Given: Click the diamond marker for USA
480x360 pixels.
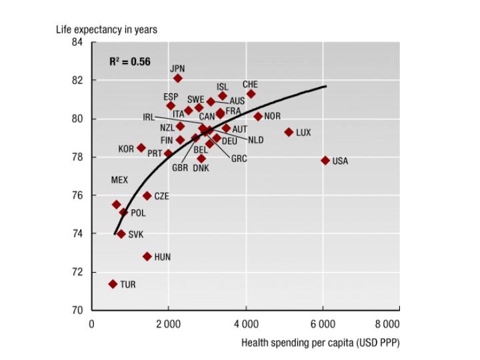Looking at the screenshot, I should pos(325,161).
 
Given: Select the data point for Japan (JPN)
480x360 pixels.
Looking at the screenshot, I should pos(178,79).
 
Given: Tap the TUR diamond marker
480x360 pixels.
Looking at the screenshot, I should pos(113,284).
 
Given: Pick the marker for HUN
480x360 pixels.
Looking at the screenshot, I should pos(147,256).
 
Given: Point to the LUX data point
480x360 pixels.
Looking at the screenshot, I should pos(289,132).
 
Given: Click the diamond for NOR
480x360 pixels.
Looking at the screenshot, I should pos(258,117).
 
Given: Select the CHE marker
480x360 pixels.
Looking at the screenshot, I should pos(251,94).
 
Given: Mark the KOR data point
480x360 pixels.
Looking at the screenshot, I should pos(141,148).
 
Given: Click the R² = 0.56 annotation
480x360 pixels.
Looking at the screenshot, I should pos(130,61).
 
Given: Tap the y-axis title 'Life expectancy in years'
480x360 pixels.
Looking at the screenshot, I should pos(106,29).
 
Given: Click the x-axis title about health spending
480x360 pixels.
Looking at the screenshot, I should pos(321,343).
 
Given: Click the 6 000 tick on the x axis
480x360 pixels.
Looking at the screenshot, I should pos(322,324).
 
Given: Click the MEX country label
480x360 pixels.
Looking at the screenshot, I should pos(119,181).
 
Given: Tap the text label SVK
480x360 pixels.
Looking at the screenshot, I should pos(135,235).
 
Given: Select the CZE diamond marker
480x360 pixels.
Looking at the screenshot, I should pos(147,196).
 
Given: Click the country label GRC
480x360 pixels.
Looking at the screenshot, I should pos(239,159).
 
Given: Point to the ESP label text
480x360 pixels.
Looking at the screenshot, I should pos(171,97).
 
